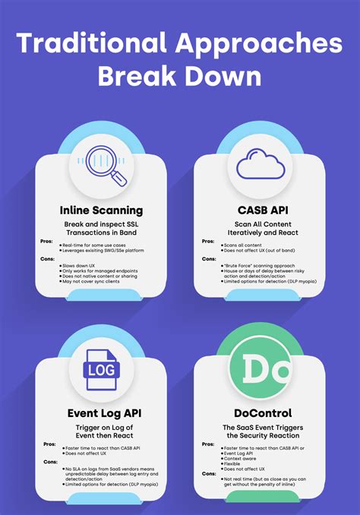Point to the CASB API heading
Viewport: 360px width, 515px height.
[261, 210]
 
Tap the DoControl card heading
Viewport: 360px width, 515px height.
[261, 414]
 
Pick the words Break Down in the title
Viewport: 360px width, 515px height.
[180, 77]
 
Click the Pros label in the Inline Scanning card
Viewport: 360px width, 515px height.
[46, 242]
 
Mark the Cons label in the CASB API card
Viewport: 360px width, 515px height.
[208, 258]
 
